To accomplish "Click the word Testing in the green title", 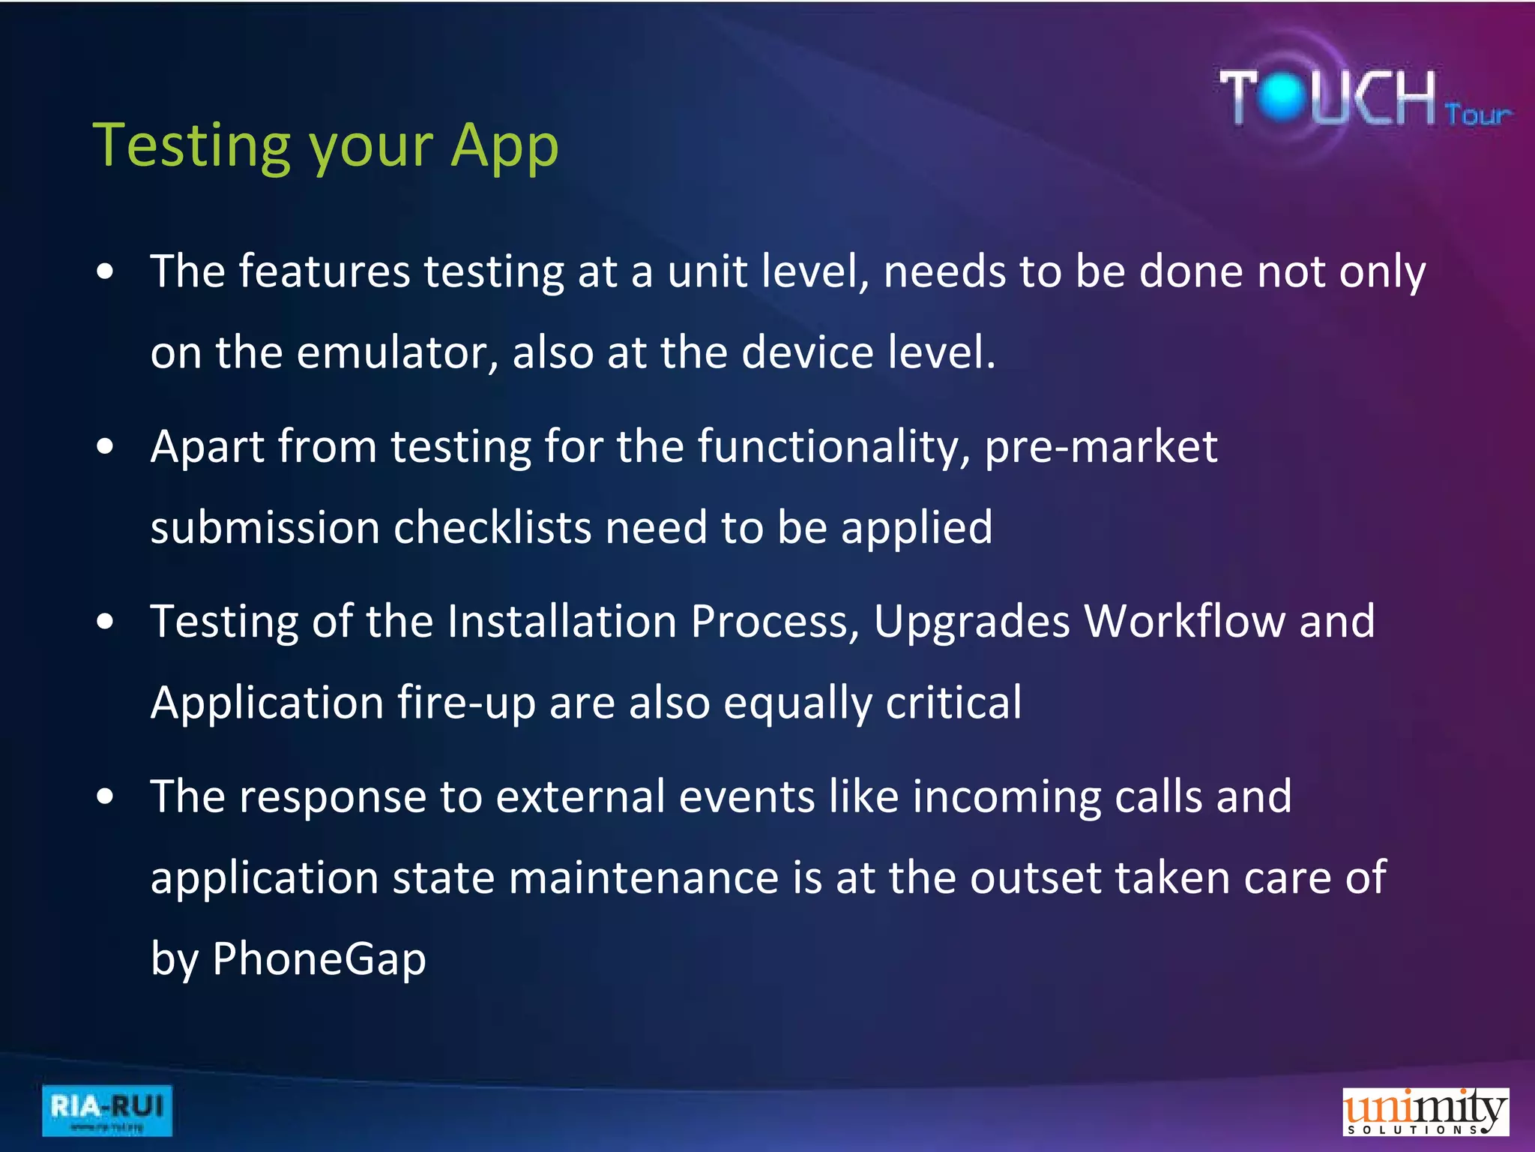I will click(x=191, y=146).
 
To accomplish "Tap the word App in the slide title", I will click(x=504, y=146).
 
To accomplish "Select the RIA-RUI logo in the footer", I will click(x=106, y=1110).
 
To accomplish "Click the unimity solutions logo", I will click(x=1425, y=1111).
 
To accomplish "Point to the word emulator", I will click(x=397, y=352).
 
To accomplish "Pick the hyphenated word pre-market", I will click(x=1100, y=447).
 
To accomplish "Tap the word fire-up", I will click(x=466, y=703).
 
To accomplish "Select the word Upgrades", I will click(x=971, y=622).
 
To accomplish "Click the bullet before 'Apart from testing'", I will click(x=106, y=447).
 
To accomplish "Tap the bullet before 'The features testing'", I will click(x=106, y=271).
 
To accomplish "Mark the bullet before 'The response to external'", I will click(x=106, y=797).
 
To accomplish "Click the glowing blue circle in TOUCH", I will click(x=1284, y=97).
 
